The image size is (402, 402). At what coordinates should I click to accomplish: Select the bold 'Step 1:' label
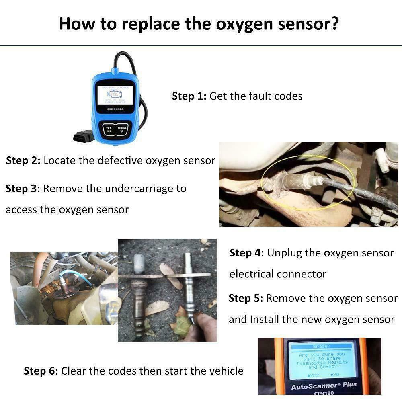(x=189, y=96)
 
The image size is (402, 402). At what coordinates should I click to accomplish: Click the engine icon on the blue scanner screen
(x=115, y=95)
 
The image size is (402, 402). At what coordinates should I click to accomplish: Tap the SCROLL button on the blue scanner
(x=122, y=129)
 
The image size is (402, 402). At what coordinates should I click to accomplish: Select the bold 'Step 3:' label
(x=23, y=189)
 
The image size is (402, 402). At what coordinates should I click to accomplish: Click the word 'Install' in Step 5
(x=265, y=319)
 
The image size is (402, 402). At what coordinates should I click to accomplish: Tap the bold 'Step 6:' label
(x=41, y=371)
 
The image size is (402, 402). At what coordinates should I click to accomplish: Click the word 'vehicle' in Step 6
(x=226, y=371)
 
